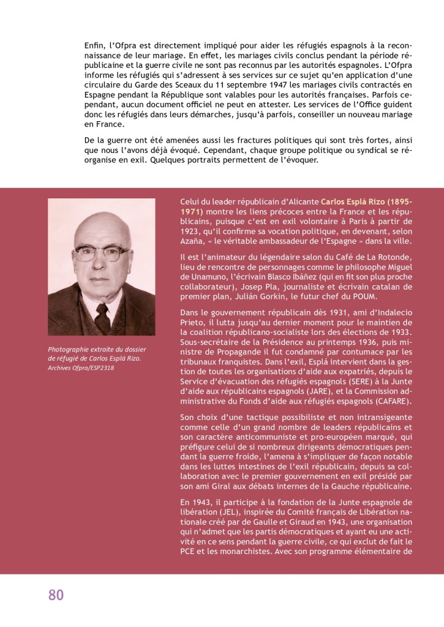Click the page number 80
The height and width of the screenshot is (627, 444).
click(x=56, y=595)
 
